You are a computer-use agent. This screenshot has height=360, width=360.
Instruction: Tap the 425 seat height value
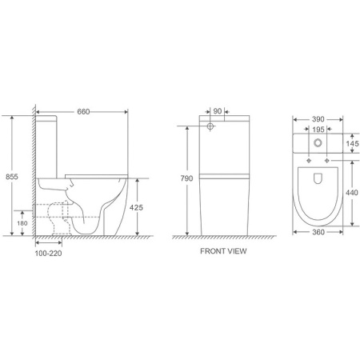pos(138,206)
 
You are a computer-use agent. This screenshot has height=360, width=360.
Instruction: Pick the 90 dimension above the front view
pos(218,112)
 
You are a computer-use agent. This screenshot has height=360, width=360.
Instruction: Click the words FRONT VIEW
pos(223,250)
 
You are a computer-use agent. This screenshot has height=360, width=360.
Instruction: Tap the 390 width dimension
pos(318,118)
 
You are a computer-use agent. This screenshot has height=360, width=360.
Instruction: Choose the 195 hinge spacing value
pos(318,130)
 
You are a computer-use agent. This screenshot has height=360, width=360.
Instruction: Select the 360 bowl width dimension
pos(318,233)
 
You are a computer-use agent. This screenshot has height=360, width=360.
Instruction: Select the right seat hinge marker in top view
pos(327,160)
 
